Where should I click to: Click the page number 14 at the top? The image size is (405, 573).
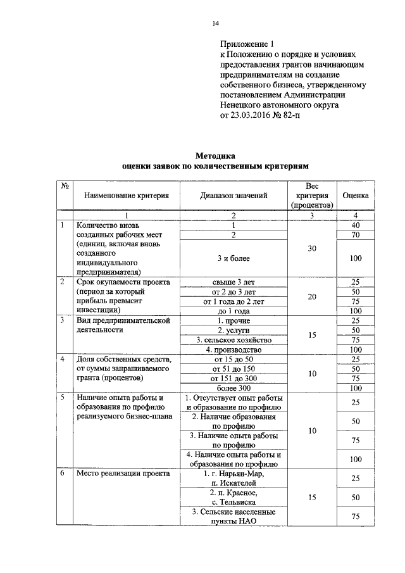coord(215,24)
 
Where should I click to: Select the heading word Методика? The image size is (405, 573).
coord(215,154)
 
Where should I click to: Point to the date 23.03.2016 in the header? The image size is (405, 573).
coord(256,116)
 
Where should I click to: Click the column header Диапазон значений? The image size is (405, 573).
coord(233,196)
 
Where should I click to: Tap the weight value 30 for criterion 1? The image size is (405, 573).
coord(311,249)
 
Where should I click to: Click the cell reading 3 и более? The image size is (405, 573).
coord(233,258)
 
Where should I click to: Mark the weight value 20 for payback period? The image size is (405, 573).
coord(311,296)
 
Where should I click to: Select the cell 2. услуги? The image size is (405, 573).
coord(233,331)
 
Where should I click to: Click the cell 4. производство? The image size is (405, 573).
coord(233,349)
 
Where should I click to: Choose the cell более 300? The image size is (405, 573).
coord(233,387)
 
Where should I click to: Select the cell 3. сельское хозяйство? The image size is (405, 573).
coord(233,340)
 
